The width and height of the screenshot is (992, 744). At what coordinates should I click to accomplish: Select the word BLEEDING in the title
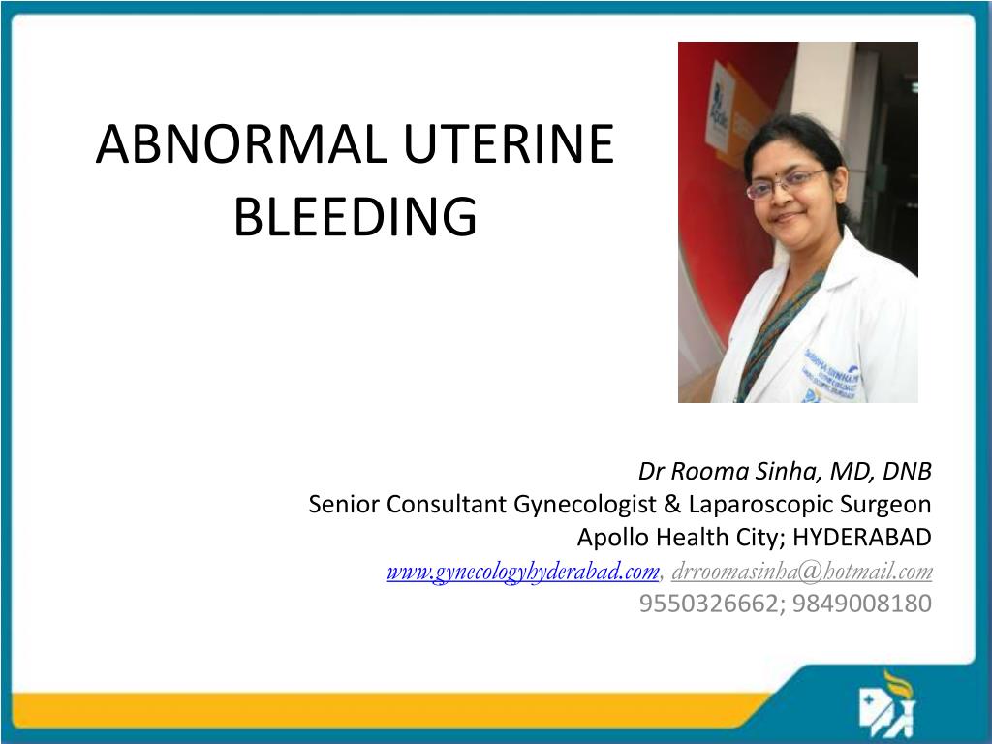[x=356, y=217]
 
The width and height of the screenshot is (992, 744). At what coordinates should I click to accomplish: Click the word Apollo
[x=612, y=538]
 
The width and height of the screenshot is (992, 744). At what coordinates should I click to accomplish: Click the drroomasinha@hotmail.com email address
[x=802, y=572]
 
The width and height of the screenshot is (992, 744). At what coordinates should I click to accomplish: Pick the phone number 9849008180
[x=862, y=604]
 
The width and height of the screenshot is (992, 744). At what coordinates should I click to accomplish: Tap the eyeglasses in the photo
[x=784, y=182]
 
